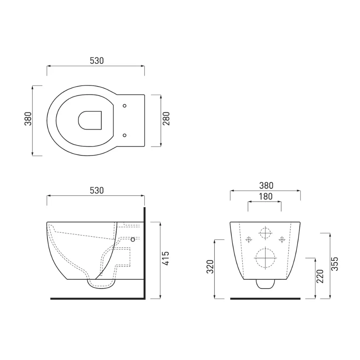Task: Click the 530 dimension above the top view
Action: click(x=97, y=61)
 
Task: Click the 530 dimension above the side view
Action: click(x=97, y=190)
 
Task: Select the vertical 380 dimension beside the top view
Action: click(x=28, y=119)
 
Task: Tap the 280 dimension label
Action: click(x=166, y=119)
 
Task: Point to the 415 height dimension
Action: click(x=166, y=259)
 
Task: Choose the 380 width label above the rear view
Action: click(x=266, y=186)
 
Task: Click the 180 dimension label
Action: click(x=265, y=196)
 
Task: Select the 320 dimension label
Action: click(x=210, y=267)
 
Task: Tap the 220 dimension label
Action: click(x=320, y=277)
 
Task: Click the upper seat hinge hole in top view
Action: click(x=124, y=105)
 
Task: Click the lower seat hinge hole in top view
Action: click(x=124, y=135)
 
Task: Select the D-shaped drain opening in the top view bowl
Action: click(x=90, y=120)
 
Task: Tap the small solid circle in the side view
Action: click(x=133, y=240)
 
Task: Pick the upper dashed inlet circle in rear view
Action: click(x=265, y=233)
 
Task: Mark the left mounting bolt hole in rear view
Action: click(x=249, y=240)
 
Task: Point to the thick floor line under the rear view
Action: click(x=265, y=298)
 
